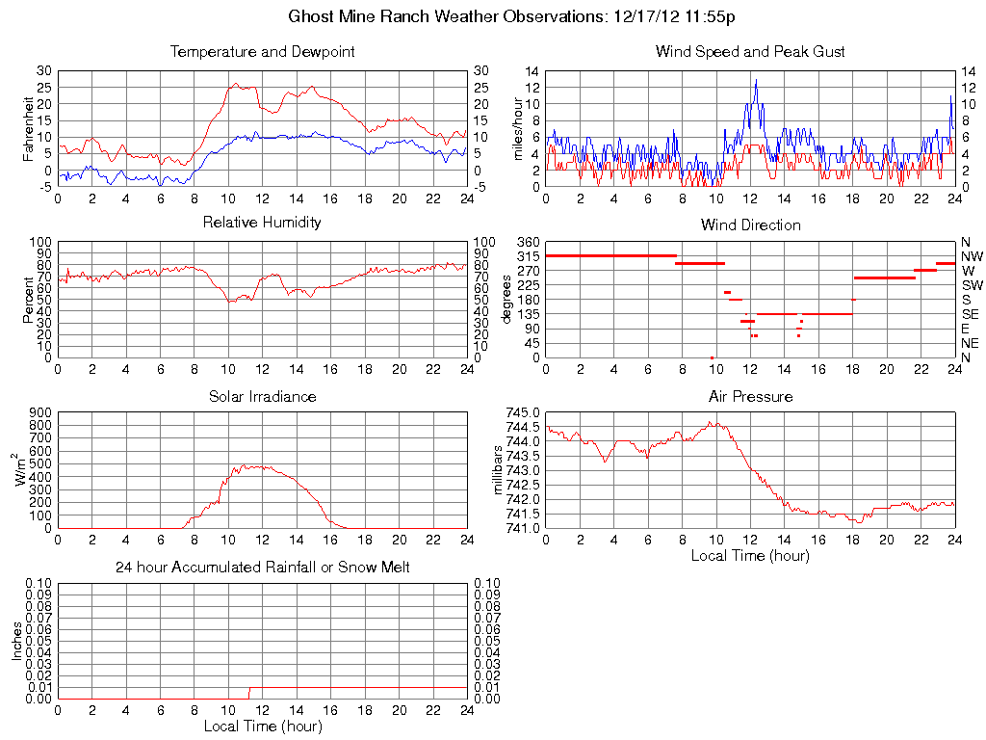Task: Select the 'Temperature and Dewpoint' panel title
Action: (x=262, y=52)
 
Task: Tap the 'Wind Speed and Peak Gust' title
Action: (x=750, y=52)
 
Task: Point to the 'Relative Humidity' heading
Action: (x=262, y=223)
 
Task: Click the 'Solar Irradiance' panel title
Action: (x=262, y=396)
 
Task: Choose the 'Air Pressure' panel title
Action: (x=750, y=396)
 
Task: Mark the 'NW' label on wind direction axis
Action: (x=972, y=256)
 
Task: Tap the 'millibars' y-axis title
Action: (x=498, y=470)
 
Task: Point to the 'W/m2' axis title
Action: (x=21, y=470)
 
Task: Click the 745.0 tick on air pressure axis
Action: (x=523, y=412)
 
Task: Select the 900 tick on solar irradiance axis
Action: (x=39, y=412)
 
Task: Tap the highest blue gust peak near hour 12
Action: (x=756, y=80)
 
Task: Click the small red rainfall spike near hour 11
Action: (x=249, y=693)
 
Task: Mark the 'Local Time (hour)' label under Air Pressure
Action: (x=750, y=555)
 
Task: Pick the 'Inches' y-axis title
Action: (x=16, y=641)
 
